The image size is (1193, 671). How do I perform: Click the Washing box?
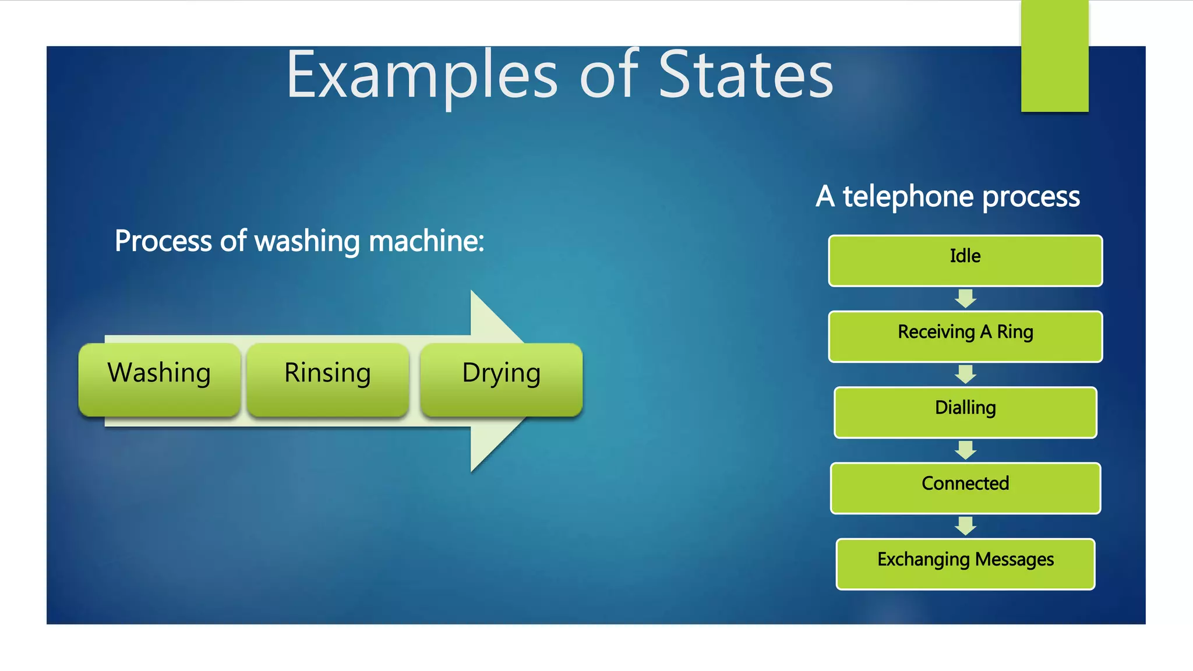pos(159,379)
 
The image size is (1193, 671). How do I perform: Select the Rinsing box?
pos(327,379)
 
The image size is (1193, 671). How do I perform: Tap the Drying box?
pos(501,379)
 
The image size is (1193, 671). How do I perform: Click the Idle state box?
pos(965,260)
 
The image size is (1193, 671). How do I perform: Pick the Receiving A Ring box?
pos(965,336)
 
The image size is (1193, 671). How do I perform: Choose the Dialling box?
pos(965,412)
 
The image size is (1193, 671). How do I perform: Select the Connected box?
pos(965,488)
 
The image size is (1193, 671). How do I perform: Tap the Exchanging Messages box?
pos(965,563)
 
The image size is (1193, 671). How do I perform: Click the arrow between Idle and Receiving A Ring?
pos(965,298)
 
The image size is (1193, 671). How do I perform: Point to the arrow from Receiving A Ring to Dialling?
pos(965,374)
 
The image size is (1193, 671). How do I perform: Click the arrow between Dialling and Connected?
pos(965,450)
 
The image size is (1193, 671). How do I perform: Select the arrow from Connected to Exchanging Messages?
pos(965,525)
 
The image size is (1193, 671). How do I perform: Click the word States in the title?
pos(746,76)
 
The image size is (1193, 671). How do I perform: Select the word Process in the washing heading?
pos(163,241)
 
